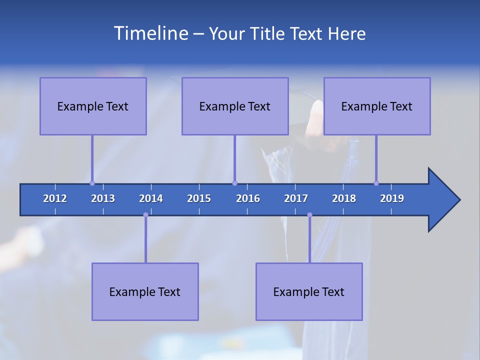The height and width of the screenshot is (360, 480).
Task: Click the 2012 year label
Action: coord(55,198)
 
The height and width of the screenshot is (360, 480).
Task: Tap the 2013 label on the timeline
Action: coord(103,198)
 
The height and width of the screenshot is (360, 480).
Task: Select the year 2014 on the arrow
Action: coord(151,198)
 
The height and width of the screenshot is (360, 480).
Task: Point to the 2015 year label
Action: coord(199,198)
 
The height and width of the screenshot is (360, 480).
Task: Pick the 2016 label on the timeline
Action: coord(248,198)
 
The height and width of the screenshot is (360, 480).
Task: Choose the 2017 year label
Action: coord(296,198)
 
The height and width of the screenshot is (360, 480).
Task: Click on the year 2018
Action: coord(344,198)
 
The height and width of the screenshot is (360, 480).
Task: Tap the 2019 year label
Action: coord(392,198)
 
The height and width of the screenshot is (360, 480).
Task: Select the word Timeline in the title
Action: coord(150,33)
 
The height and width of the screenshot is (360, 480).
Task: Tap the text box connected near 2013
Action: coord(93,106)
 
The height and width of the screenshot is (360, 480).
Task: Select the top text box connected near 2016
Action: coord(235,106)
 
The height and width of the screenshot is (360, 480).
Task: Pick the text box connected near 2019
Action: coord(377,106)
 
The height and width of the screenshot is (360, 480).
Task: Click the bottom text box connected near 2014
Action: coord(145,291)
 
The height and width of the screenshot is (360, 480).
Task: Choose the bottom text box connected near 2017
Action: coord(309,291)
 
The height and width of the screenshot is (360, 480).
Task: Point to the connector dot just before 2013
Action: coord(92,183)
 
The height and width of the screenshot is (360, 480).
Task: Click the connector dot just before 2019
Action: coord(376,183)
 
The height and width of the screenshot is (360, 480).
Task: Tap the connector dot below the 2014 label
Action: coord(145,215)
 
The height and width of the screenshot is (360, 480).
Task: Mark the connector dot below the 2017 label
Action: coord(309,215)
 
